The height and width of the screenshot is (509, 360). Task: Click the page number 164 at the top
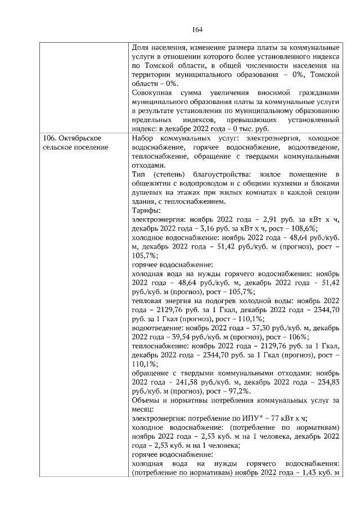tap(197, 30)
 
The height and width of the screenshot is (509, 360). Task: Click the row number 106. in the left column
tap(51, 138)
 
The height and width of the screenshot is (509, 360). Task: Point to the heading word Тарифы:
tap(146, 210)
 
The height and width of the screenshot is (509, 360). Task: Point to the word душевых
tap(147, 192)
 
